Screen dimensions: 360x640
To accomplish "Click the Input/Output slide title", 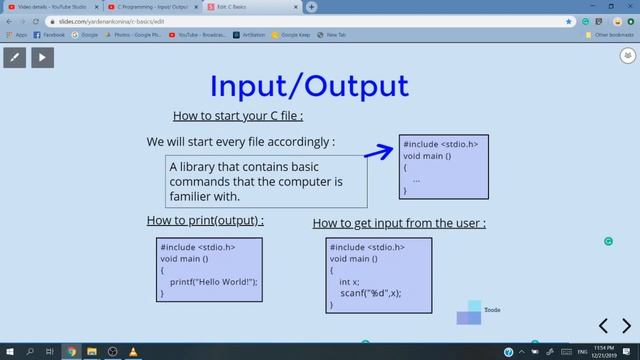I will coord(308,85).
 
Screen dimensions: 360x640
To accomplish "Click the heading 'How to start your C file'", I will coord(237,115).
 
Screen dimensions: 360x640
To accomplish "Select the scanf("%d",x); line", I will coord(370,293).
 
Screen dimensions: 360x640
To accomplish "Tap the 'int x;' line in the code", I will coord(349,282).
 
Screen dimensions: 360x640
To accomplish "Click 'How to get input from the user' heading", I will coord(399,223).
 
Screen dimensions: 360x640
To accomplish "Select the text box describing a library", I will coord(266,181).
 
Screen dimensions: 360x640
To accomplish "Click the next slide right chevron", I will coord(627,325).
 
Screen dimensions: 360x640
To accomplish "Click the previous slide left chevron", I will coord(603,325).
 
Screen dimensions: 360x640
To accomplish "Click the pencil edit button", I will coord(15,57).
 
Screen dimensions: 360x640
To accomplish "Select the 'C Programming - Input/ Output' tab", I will coord(152,7).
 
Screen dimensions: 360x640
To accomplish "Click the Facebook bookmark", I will coord(49,34).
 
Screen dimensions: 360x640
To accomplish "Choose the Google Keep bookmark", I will coord(291,34).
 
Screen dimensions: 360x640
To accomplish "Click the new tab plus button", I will coord(312,7).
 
